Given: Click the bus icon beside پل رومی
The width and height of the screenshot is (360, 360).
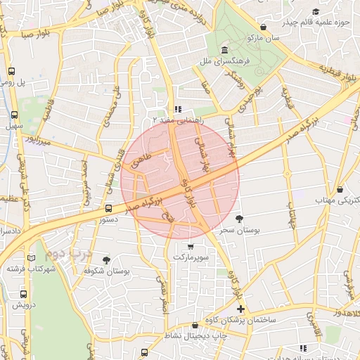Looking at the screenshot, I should pos(12,71).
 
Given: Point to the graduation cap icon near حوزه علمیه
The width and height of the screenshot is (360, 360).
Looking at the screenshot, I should pos(316,12).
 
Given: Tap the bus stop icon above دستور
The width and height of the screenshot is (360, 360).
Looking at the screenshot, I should pos(108,208).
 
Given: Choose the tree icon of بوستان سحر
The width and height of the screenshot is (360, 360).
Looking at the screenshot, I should pos(239,219).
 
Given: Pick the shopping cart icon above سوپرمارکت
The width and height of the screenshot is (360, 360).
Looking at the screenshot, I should pos(191,247).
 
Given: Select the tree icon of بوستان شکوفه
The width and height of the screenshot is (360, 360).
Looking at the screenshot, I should pos(106,259).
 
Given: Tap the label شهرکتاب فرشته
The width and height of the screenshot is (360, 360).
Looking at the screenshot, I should pos(31,269).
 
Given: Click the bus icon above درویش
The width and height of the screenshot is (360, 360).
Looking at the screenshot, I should pos(23,295).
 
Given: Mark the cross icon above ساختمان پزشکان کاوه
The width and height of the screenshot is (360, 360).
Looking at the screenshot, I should pos(240,309).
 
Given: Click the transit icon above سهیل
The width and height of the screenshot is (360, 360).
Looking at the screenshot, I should pos(15,115).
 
